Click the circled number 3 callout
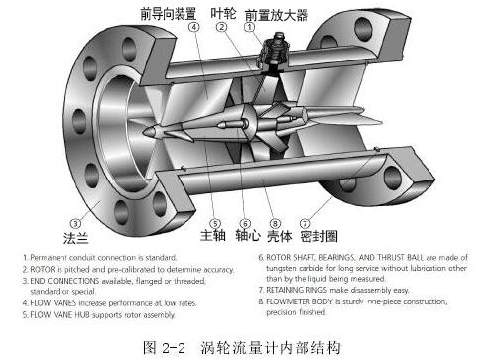click(75, 222)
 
